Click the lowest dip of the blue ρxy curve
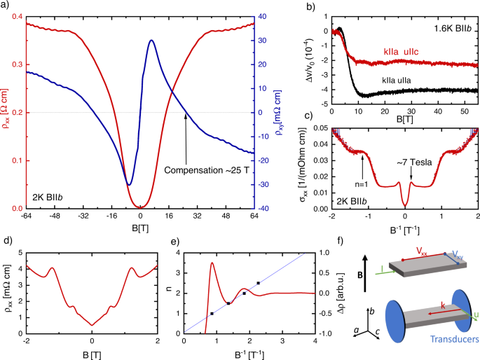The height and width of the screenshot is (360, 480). pos(129,185)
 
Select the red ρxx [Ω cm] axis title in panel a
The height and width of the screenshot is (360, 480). pos(7,111)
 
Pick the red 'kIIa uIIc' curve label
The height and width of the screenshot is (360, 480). pos(402,52)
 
